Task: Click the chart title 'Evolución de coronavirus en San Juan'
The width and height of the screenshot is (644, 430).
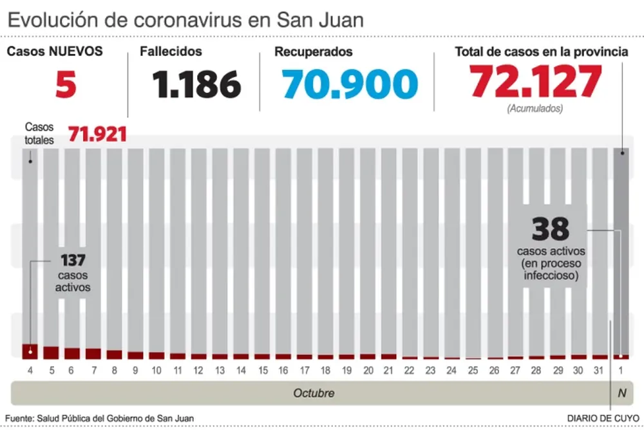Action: pyautogui.click(x=185, y=19)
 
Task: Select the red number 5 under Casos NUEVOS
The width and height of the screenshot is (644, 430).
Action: pyautogui.click(x=66, y=84)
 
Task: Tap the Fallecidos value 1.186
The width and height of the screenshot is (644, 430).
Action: pyautogui.click(x=196, y=84)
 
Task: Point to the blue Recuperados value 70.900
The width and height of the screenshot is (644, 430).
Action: pyautogui.click(x=350, y=84)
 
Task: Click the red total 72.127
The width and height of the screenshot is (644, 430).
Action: pyautogui.click(x=536, y=82)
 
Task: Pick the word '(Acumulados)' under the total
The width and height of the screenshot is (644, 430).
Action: pyautogui.click(x=535, y=109)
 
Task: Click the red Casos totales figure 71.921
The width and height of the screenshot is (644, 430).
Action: pyautogui.click(x=97, y=135)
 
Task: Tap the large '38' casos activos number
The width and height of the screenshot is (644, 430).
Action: pyautogui.click(x=551, y=229)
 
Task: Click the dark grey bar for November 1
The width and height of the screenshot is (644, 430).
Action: pyautogui.click(x=621, y=251)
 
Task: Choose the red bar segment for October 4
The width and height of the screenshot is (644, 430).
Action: pyautogui.click(x=30, y=351)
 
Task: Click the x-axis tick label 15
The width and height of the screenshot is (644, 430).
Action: pyautogui.click(x=262, y=371)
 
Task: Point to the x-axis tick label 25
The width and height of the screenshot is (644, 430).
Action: pyautogui.click(x=473, y=371)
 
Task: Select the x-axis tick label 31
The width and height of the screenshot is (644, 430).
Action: pyautogui.click(x=600, y=371)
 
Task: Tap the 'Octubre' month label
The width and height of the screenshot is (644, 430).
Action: pyautogui.click(x=314, y=393)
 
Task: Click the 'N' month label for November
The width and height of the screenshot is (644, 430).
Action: pyautogui.click(x=621, y=393)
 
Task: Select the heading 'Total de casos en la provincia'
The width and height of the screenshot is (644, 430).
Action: pyautogui.click(x=542, y=52)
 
